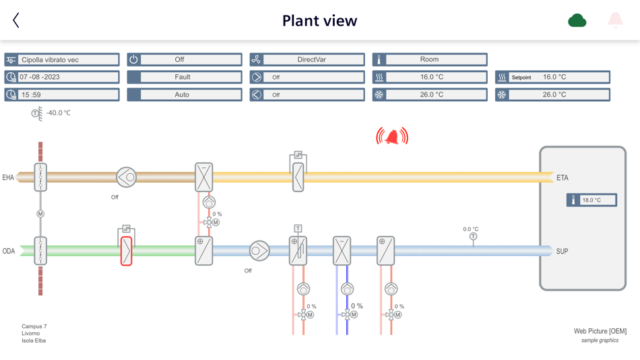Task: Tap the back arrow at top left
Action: tap(16, 20)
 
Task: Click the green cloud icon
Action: tap(577, 21)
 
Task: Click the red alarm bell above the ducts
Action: tap(392, 137)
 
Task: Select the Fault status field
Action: tap(184, 77)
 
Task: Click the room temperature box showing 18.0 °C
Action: tap(591, 200)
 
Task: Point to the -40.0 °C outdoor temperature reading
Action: tap(58, 113)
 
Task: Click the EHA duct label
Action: tap(8, 178)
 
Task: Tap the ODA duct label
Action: tap(8, 251)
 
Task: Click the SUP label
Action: tap(562, 251)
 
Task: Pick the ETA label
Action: tap(563, 178)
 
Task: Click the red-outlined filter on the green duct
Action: tap(126, 251)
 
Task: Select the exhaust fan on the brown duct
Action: tap(126, 177)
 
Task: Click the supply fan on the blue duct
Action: tap(259, 251)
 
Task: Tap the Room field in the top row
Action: tap(430, 59)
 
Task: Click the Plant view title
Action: tap(319, 21)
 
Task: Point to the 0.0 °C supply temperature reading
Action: tap(471, 229)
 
